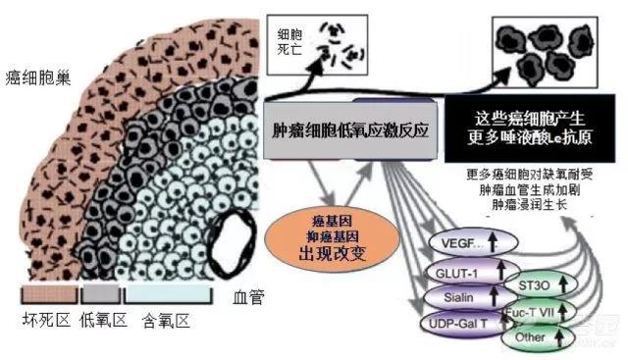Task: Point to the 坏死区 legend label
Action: [47, 318]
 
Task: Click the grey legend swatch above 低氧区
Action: [99, 293]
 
